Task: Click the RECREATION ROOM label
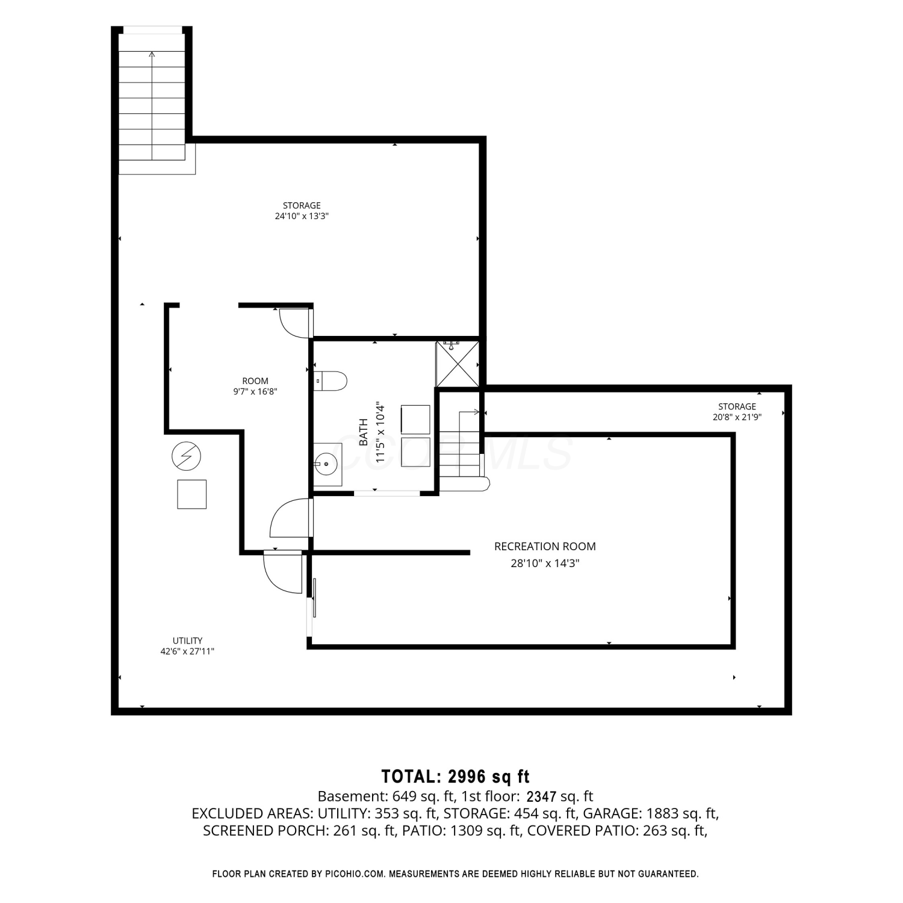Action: (545, 547)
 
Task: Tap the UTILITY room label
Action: (187, 641)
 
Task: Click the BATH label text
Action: (364, 432)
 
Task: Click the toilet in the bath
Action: (330, 380)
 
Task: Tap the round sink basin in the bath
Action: (326, 464)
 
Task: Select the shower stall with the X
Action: (458, 364)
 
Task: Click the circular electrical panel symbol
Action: (186, 457)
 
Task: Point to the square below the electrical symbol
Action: (192, 494)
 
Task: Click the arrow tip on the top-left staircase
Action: (152, 53)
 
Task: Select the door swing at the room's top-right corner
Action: (294, 323)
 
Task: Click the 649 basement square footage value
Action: (405, 796)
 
